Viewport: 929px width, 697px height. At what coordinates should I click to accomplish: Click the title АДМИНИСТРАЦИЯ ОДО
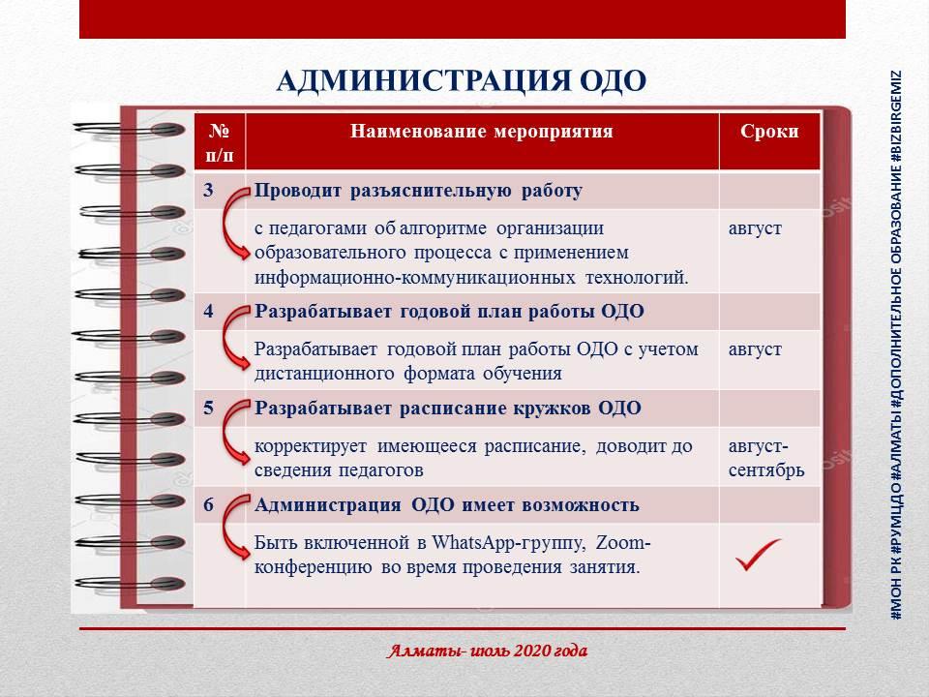point(461,80)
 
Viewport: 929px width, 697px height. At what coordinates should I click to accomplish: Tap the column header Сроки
point(769,131)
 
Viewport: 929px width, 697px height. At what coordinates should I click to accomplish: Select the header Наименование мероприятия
point(481,131)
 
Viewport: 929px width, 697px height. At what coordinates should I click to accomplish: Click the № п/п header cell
point(220,142)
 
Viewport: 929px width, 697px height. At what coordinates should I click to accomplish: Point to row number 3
point(208,190)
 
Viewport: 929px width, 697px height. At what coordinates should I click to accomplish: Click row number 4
point(208,311)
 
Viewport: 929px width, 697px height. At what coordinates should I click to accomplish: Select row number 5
point(208,408)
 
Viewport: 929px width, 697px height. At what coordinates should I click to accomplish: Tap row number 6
point(208,504)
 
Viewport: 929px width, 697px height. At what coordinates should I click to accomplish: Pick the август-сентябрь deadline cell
point(766,458)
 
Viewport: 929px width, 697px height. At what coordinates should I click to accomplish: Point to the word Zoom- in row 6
point(622,542)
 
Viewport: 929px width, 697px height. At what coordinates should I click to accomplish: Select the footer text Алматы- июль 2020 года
point(487,651)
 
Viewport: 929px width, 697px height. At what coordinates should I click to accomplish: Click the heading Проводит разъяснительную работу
point(418,191)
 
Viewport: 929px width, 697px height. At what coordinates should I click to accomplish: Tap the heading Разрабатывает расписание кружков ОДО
point(448,409)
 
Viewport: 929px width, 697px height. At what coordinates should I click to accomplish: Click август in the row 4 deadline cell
point(755,349)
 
